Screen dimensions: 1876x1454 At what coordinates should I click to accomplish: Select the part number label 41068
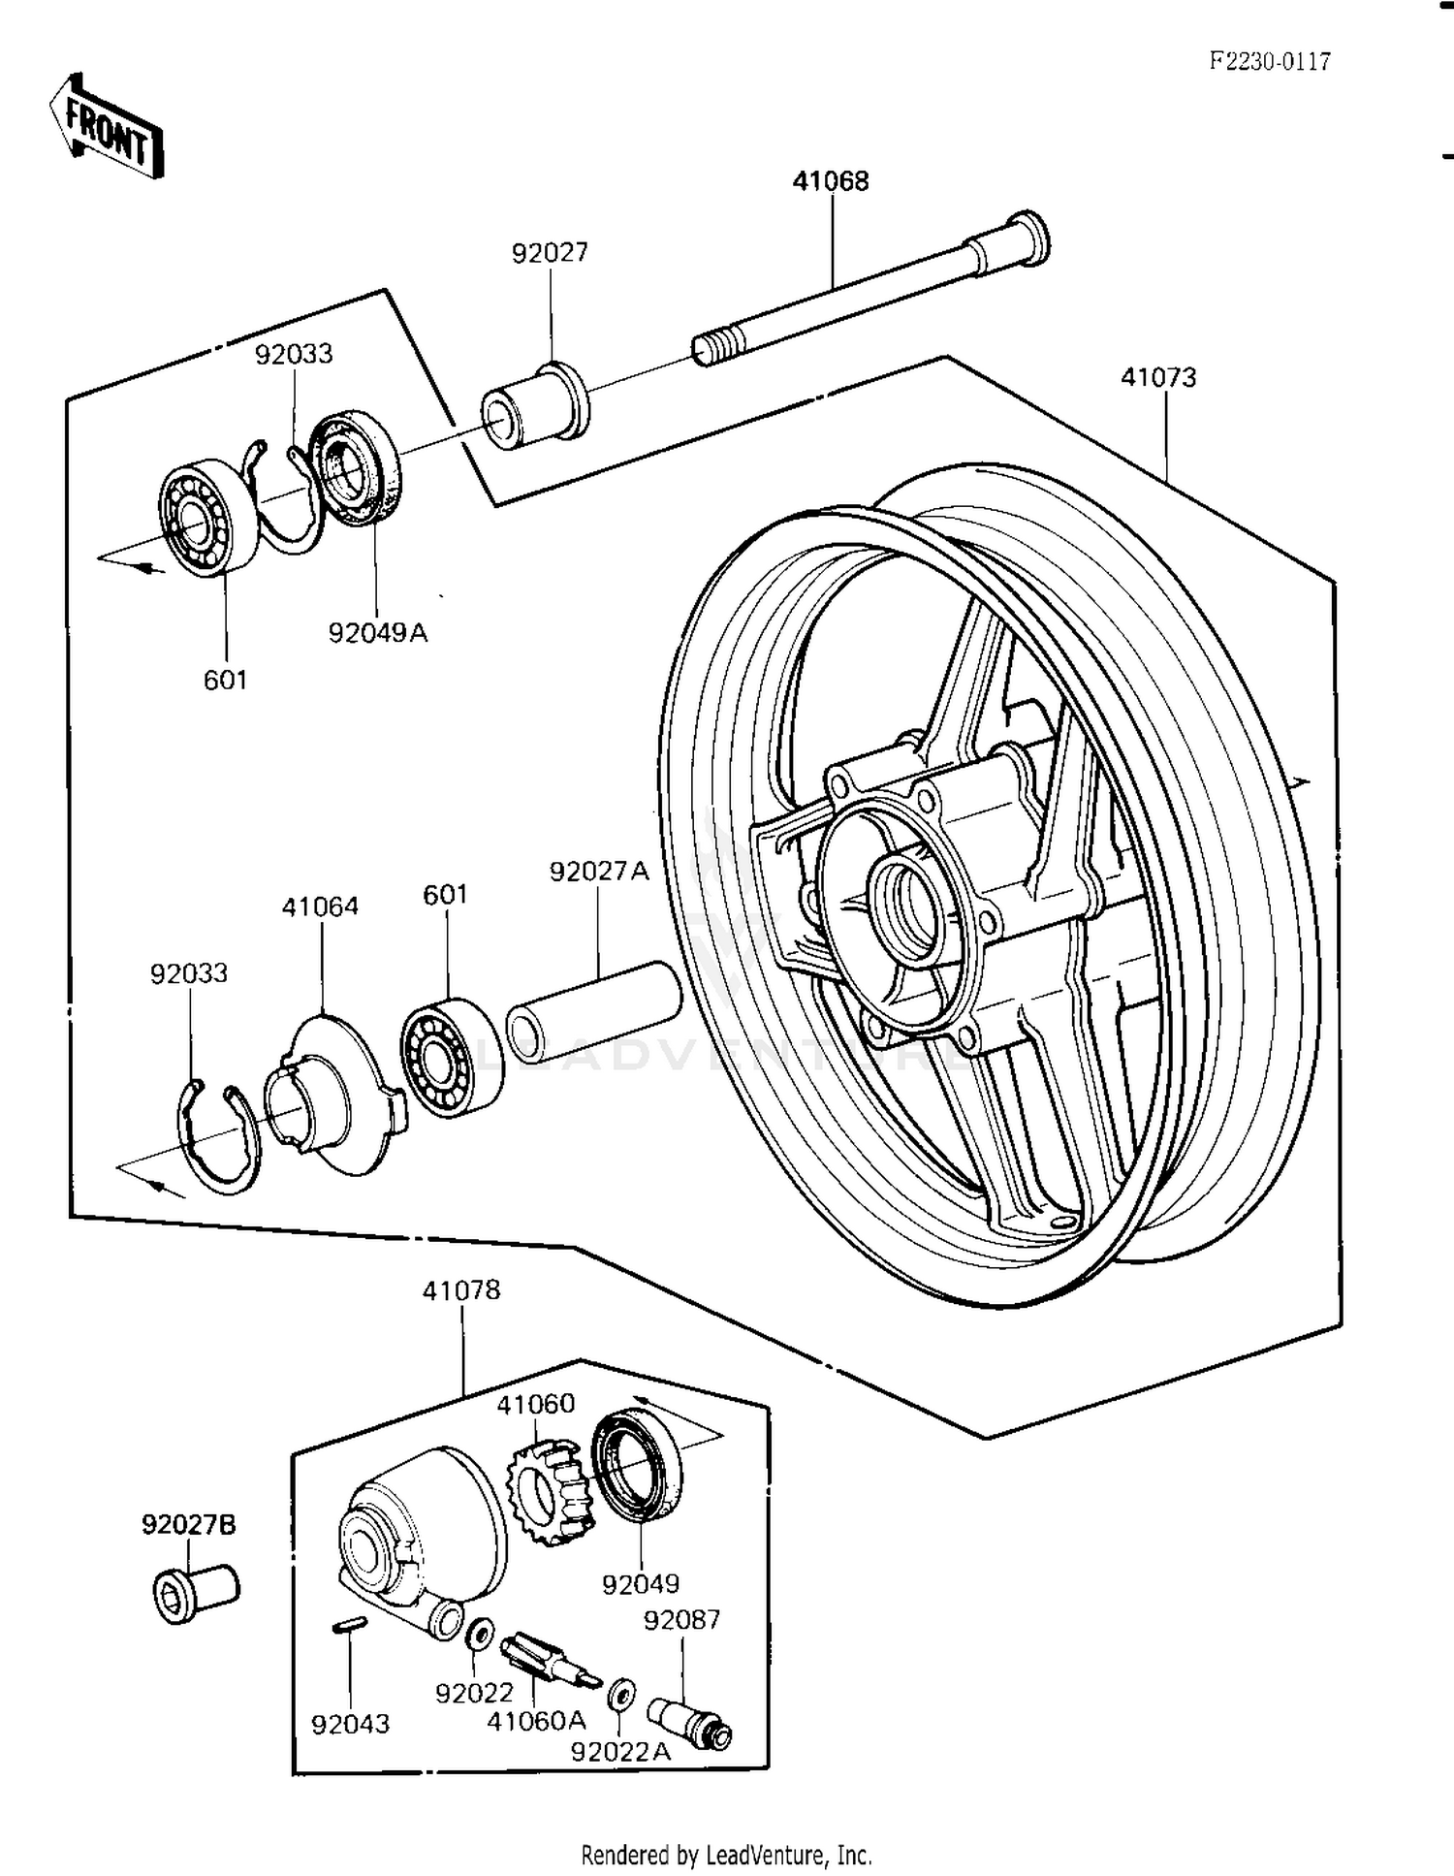(x=831, y=181)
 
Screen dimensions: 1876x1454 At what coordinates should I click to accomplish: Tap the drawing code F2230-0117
(x=1269, y=62)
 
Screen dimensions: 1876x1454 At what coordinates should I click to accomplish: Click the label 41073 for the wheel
(x=1158, y=377)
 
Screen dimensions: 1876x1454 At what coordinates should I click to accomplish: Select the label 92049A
(x=377, y=633)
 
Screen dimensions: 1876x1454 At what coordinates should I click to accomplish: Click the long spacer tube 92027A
(x=593, y=1011)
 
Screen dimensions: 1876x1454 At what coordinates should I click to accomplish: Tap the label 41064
(x=320, y=906)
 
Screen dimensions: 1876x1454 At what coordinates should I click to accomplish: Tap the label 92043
(x=350, y=1724)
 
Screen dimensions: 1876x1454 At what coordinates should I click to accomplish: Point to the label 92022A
(x=620, y=1752)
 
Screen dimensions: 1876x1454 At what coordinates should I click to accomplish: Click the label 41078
(x=461, y=1290)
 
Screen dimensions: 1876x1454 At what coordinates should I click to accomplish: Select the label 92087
(x=681, y=1620)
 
